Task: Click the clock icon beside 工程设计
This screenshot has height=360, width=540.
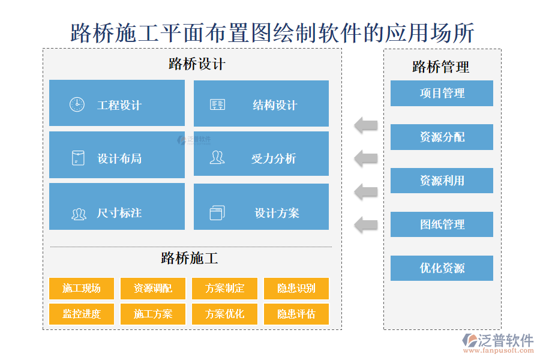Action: click(x=77, y=104)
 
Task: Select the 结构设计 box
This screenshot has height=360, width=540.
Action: click(x=261, y=104)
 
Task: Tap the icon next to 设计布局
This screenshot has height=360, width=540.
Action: click(x=77, y=158)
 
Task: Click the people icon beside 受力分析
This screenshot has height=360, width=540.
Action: click(x=217, y=158)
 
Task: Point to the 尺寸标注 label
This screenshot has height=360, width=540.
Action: click(x=119, y=213)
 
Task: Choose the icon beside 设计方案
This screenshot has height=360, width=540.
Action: click(x=217, y=212)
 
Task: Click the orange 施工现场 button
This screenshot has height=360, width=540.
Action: click(x=82, y=288)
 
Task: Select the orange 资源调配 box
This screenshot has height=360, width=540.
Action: click(x=153, y=288)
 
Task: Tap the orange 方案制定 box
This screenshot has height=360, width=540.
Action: click(x=225, y=288)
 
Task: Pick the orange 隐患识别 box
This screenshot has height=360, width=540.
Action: click(x=296, y=288)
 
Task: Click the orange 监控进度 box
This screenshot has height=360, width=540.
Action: click(x=82, y=314)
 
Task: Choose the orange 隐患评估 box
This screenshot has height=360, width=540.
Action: click(x=296, y=314)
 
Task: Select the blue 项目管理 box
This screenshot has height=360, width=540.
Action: click(x=442, y=93)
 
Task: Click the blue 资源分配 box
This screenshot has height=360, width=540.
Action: click(x=442, y=137)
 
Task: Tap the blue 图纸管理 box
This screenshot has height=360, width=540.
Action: click(x=442, y=224)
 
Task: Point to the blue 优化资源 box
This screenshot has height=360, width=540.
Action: click(x=442, y=268)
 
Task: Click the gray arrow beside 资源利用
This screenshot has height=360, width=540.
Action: click(x=365, y=192)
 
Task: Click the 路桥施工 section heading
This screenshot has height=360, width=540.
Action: click(x=190, y=259)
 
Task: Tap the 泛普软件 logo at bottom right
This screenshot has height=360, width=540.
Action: click(x=497, y=344)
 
